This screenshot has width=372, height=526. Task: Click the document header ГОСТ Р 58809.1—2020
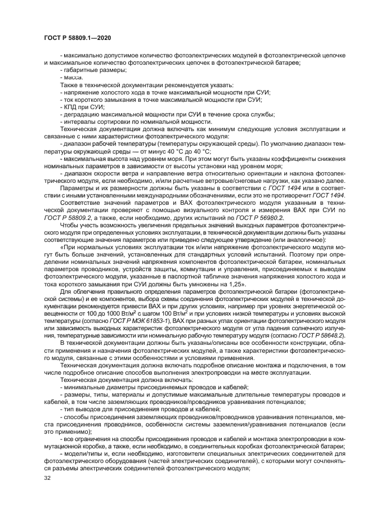pyautogui.click(x=77, y=37)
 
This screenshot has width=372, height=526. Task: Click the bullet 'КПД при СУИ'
pyautogui.click(x=81, y=106)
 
